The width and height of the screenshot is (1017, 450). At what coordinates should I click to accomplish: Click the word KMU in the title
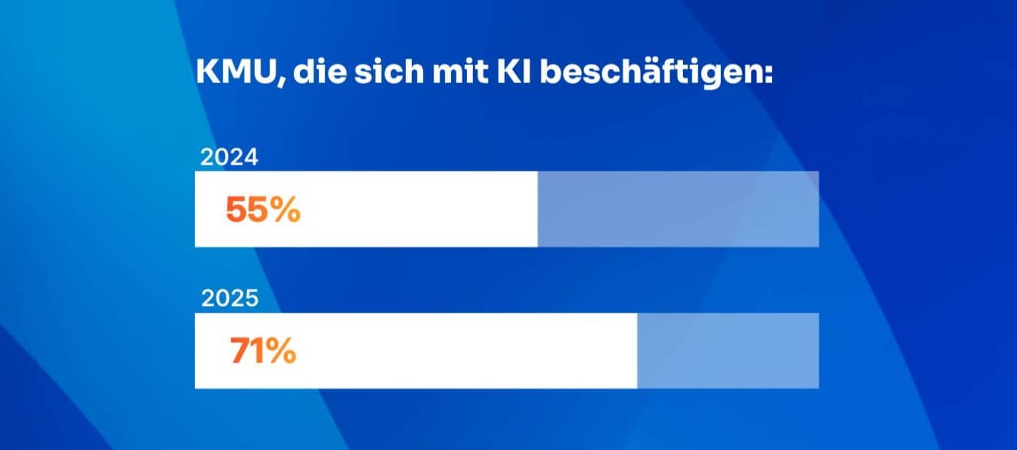236,74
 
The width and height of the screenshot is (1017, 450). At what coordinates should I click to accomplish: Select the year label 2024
229,158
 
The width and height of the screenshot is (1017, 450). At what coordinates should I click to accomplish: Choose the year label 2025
230,300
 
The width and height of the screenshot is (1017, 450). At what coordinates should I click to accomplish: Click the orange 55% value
263,211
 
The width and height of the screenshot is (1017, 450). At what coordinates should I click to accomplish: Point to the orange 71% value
263,352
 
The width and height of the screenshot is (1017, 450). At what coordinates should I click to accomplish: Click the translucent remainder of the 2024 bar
678,209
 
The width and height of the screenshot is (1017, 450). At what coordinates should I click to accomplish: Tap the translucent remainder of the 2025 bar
728,351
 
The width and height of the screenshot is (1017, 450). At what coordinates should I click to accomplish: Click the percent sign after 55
286,211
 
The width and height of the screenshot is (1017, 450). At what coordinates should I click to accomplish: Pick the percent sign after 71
281,352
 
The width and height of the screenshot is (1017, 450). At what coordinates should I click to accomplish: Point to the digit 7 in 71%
240,352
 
